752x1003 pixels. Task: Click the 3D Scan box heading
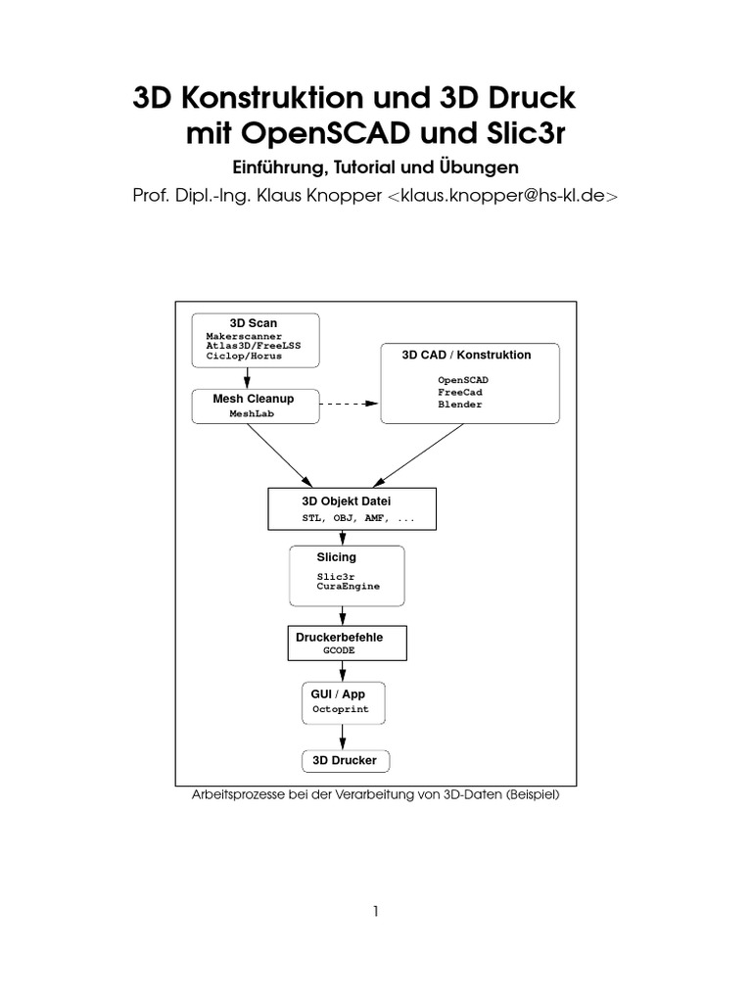coord(254,323)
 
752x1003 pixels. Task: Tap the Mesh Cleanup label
coord(254,399)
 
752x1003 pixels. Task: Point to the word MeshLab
coord(255,414)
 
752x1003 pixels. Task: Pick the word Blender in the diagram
coord(459,405)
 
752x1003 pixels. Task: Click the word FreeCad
coord(459,392)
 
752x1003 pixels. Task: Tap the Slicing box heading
coord(336,557)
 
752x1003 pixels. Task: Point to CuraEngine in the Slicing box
coord(348,586)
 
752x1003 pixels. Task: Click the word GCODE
coord(339,649)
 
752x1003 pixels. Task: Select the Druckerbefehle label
coord(340,637)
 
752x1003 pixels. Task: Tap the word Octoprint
coord(341,709)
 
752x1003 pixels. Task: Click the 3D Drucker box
coord(344,760)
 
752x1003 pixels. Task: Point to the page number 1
coord(375,912)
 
